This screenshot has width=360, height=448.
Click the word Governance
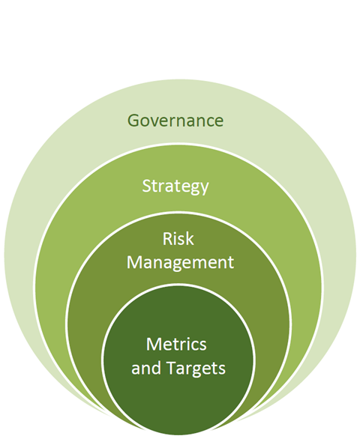175,121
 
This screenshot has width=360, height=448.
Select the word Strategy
175,187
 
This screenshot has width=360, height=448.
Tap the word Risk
178,238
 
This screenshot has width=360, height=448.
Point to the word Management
180,262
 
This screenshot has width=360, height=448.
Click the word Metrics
176,344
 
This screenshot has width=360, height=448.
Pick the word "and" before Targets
147,368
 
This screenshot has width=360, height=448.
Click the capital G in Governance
133,121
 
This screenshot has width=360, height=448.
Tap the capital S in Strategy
146,186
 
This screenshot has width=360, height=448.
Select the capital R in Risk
167,239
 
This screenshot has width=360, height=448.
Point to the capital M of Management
134,262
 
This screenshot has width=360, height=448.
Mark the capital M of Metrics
154,345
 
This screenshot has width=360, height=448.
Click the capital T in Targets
172,368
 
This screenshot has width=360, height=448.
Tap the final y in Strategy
205,189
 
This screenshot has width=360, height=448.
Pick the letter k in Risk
190,238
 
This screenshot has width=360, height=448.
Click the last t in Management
230,263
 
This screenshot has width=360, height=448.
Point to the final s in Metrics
202,346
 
